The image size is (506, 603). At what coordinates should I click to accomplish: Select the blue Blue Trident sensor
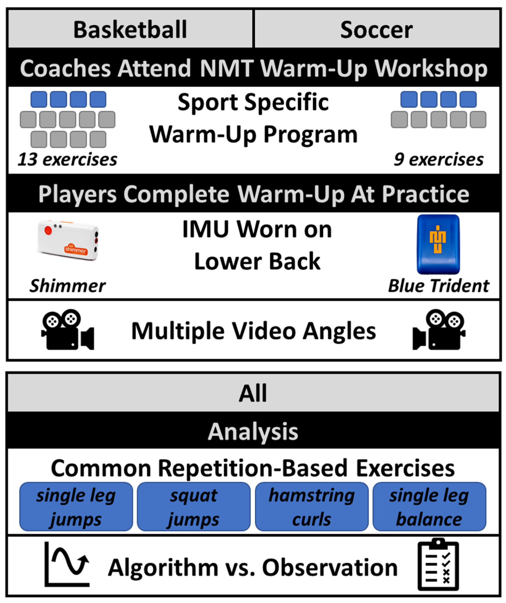pos(438,244)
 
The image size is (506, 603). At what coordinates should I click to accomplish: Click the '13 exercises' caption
pos(67,159)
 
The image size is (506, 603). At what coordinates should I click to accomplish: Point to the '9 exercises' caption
pos(439,159)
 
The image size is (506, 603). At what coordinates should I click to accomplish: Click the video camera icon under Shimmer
pos(68,330)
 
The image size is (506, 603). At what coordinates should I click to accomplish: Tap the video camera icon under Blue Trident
pos(439,330)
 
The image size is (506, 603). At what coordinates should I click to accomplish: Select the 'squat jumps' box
pos(193,507)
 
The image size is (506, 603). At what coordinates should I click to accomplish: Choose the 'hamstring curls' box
pos(312,507)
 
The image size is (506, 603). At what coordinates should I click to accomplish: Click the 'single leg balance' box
pos(429,507)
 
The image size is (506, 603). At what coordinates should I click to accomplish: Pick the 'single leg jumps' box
pos(76,507)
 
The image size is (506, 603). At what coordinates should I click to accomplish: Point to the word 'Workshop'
pos(431,69)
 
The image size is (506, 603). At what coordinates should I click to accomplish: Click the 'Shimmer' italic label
pos(67,286)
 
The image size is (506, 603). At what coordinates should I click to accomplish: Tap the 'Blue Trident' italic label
pos(439,286)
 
